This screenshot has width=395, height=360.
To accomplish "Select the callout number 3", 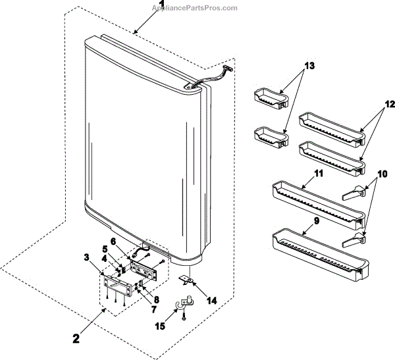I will [86, 257].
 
